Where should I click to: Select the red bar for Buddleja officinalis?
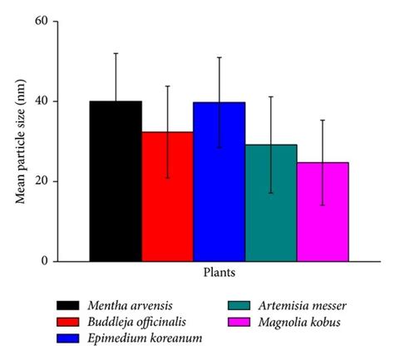tap(167, 196)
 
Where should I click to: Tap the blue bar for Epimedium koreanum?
tap(219, 182)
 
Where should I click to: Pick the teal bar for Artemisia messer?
tap(271, 203)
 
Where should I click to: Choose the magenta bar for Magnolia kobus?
tap(323, 212)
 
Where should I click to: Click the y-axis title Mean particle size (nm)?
tap(18, 141)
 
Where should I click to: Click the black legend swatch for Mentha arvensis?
tap(70, 305)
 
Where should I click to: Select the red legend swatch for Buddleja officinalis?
tap(70, 321)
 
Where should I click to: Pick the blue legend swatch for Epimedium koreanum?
tap(70, 337)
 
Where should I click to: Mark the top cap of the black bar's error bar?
tap(116, 53)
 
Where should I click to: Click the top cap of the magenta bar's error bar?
tap(323, 120)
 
